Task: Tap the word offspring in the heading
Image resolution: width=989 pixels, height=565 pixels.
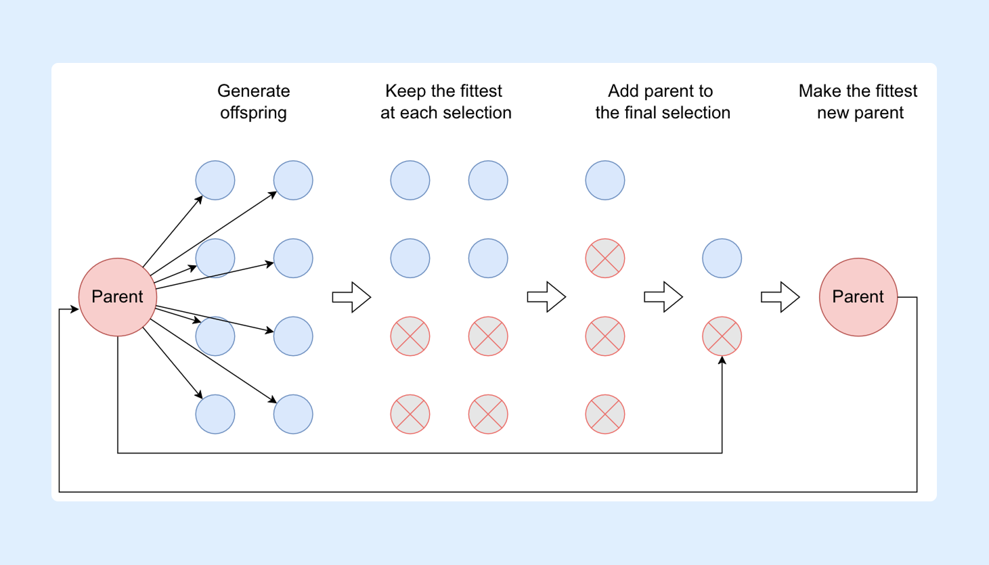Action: [x=253, y=113]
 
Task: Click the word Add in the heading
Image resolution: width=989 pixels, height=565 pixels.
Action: [x=623, y=91]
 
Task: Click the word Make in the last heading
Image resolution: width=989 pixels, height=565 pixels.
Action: [x=820, y=91]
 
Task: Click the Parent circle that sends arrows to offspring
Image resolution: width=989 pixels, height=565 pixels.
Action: [x=118, y=297]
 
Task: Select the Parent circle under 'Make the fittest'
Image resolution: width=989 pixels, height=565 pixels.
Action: [x=858, y=297]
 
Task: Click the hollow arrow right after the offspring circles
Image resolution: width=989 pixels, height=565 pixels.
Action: [x=351, y=297]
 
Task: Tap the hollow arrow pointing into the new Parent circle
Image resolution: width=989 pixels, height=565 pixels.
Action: [x=781, y=297]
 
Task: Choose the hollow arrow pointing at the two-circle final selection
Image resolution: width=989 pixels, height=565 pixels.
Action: [x=663, y=297]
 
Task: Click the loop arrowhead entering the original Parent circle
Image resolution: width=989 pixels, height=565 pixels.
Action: [x=74, y=309]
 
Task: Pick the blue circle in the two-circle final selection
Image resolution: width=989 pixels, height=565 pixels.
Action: [x=722, y=258]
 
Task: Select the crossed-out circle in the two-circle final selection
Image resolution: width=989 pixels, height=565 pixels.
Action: [x=722, y=336]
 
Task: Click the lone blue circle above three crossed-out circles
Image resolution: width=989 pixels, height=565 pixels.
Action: [x=605, y=181]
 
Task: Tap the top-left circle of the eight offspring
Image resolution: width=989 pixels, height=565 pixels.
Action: [x=215, y=181]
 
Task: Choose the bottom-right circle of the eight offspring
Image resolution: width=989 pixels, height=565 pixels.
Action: [x=293, y=414]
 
